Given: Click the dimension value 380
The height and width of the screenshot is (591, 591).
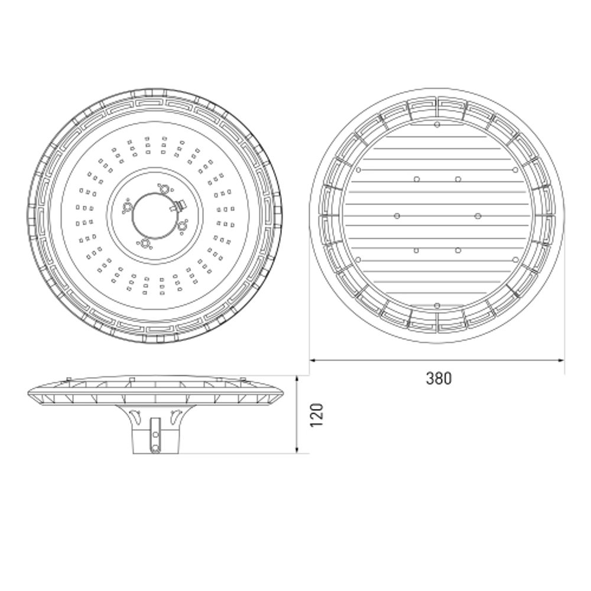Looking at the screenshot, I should [439, 378].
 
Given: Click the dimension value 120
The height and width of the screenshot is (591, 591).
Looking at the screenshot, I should [317, 415].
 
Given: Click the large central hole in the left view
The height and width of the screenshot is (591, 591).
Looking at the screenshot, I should [154, 216].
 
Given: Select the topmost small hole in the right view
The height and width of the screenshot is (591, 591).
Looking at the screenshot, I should [437, 125].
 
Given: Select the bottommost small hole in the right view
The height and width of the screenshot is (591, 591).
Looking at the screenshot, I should [437, 305].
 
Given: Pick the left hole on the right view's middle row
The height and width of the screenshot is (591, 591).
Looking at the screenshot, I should [396, 216].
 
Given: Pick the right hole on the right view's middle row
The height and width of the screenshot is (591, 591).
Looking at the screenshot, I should [478, 216].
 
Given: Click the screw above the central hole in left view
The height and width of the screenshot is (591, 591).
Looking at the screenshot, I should [165, 189].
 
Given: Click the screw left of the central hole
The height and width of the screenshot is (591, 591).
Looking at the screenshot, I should [126, 206].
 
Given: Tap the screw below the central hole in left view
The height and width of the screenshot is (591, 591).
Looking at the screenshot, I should [144, 243].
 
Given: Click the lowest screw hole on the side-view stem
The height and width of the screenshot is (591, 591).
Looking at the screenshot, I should [155, 449].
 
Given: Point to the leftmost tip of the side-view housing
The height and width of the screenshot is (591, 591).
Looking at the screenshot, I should [29, 397].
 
